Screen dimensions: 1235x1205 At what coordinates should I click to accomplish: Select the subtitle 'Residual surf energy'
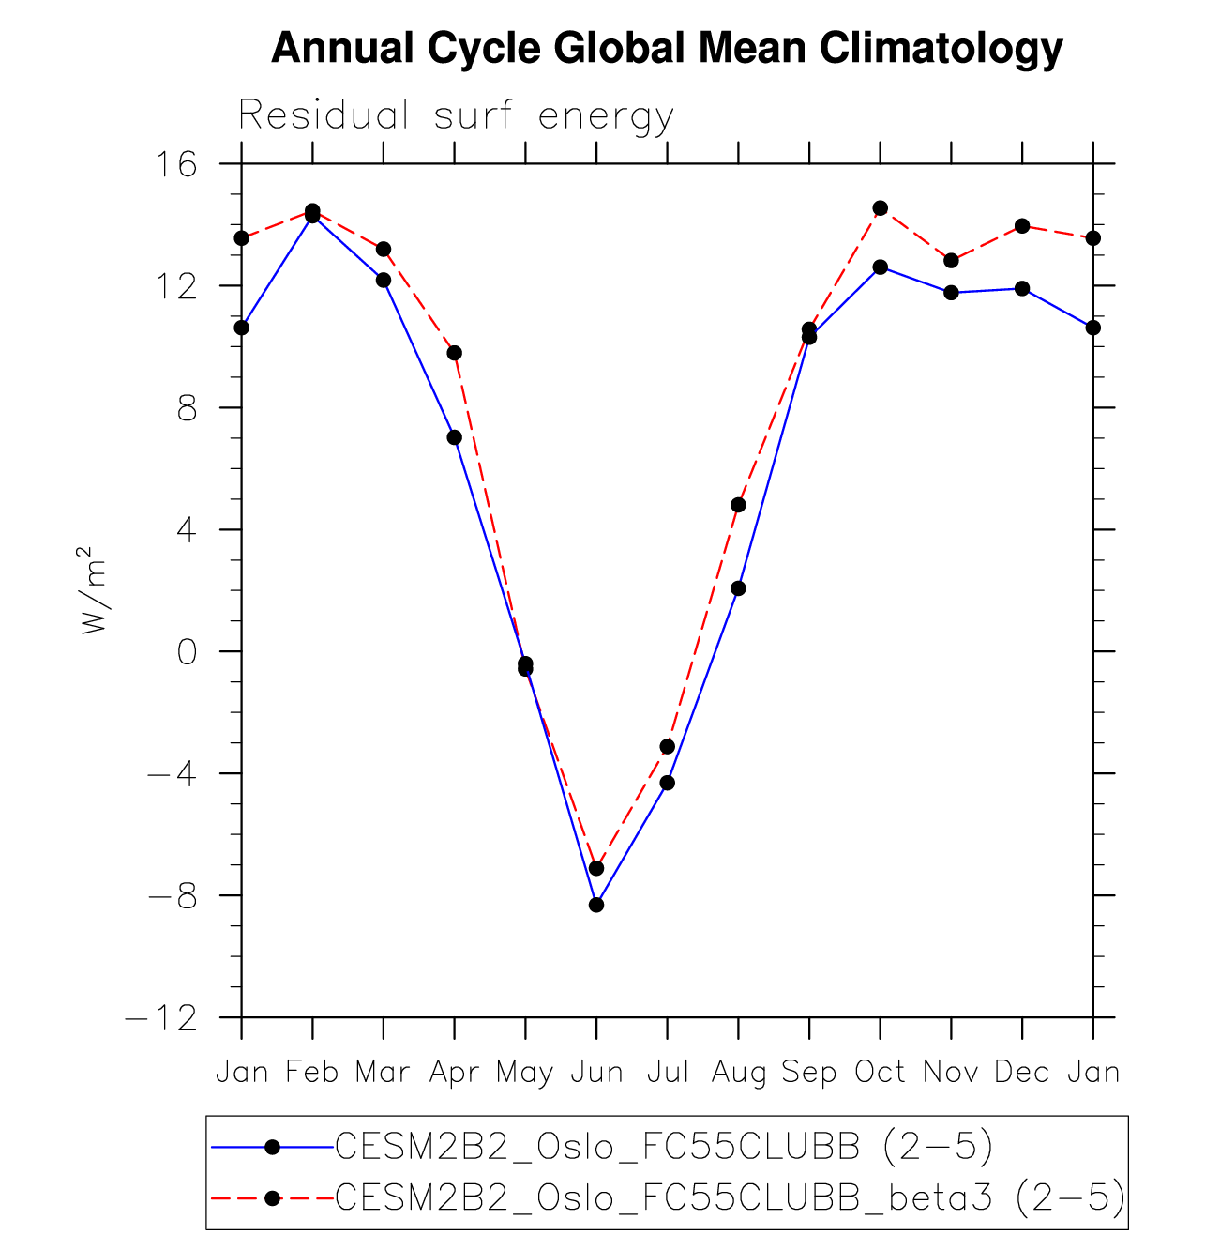(x=456, y=116)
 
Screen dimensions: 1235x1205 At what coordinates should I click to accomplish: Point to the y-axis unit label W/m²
(x=94, y=590)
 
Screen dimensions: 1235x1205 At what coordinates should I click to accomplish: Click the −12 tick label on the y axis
(x=161, y=1018)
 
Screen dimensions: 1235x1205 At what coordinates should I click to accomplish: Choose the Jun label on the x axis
(x=596, y=1072)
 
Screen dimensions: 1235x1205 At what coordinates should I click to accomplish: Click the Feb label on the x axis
(x=312, y=1072)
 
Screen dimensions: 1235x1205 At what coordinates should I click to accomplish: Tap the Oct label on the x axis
(x=880, y=1072)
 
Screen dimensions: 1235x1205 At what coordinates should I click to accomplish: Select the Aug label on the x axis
(x=738, y=1072)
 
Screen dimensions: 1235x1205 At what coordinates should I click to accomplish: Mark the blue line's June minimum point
(x=596, y=905)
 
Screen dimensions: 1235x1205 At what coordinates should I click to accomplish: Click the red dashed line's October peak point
(x=880, y=208)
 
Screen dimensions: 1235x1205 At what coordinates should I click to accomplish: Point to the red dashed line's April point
(x=455, y=353)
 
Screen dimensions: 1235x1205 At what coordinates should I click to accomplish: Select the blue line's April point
(x=455, y=437)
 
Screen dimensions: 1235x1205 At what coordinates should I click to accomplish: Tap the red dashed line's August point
(x=738, y=505)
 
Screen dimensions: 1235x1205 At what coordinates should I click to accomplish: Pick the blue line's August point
(x=738, y=588)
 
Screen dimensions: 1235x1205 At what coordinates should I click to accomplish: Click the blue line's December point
(x=1022, y=288)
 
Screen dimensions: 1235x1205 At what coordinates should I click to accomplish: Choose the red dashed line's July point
(x=668, y=747)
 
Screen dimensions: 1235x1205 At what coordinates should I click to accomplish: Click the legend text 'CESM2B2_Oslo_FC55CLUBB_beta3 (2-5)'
(x=730, y=1197)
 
